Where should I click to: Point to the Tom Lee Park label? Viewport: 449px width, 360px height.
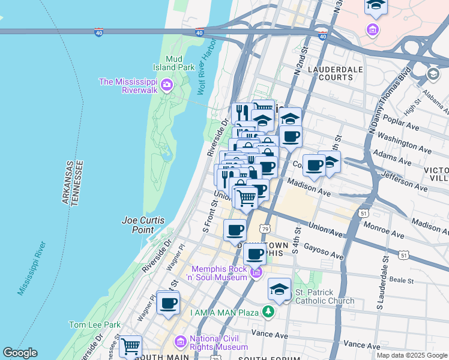pos(95,325)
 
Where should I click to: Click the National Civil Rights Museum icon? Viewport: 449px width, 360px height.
pos(180,342)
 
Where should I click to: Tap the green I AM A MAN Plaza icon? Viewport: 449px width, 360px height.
pos(268,312)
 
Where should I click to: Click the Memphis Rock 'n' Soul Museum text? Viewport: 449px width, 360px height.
pos(219,273)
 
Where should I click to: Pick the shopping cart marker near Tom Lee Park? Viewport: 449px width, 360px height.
pos(130,346)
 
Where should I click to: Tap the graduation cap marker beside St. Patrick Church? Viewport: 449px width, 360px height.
pos(279,290)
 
